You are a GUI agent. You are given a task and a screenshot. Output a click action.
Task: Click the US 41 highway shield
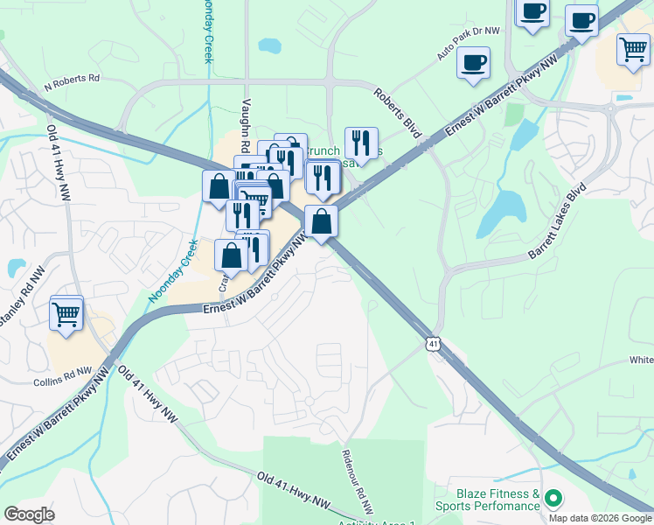point(433,344)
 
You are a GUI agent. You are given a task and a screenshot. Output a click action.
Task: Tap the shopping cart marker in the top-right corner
point(633,49)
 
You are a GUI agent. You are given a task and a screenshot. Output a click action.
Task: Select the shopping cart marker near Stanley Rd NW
point(66,314)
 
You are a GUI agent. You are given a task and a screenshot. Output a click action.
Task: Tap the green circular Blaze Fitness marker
point(552,499)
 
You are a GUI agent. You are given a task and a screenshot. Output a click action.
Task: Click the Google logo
point(29,514)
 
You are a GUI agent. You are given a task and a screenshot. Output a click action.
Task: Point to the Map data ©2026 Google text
point(599,517)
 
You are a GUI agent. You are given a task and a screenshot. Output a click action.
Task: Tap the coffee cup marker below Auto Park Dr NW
point(473,62)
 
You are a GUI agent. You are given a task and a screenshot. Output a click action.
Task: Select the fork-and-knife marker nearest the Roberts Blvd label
point(361,141)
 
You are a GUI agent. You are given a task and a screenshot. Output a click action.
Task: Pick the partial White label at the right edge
point(641,360)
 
